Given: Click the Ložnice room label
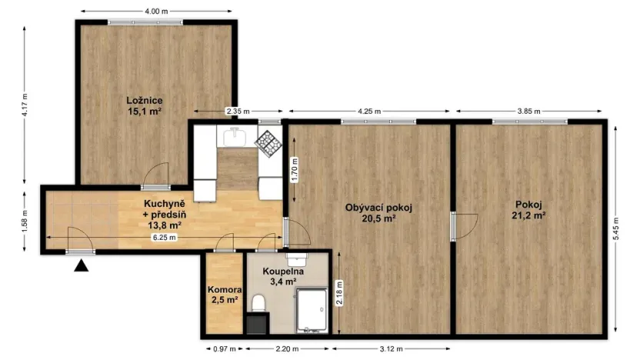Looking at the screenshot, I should (x=144, y=100).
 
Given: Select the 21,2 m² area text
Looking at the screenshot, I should (x=529, y=216).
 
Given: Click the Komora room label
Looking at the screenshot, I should (x=223, y=290).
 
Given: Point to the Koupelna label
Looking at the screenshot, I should (x=282, y=272).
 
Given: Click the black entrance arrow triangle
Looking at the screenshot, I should (x=81, y=266).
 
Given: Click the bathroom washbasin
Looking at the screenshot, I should (x=297, y=259).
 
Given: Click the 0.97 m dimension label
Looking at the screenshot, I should (x=220, y=348).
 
